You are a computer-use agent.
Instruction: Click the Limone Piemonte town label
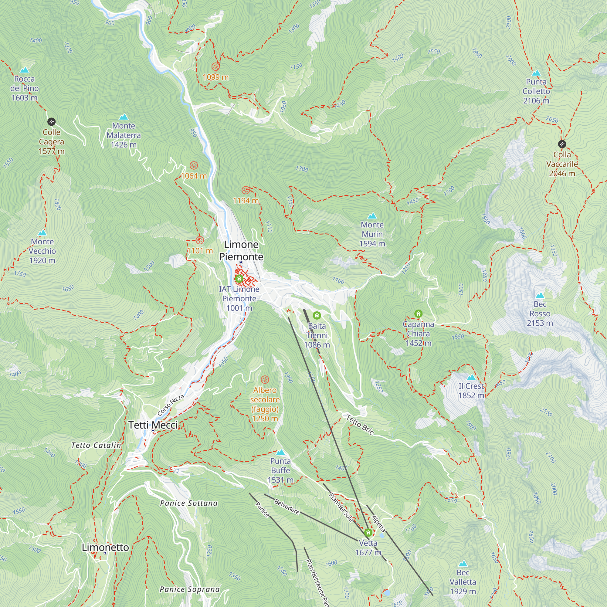pos(241,250)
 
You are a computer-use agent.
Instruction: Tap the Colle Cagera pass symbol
pos(52,122)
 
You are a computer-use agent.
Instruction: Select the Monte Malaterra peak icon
pos(124,117)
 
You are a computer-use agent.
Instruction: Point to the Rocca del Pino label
pos(25,88)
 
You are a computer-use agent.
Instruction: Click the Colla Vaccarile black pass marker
pos(562,144)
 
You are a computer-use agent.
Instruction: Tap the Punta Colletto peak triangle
pos(536,73)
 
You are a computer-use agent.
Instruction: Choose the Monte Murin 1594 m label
pos(372,234)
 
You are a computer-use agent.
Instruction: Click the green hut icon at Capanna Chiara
pos(418,314)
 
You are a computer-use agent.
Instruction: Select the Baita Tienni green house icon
pos(317,315)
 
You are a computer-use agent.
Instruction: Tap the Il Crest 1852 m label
pos(471,391)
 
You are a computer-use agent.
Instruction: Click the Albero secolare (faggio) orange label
pos(265,404)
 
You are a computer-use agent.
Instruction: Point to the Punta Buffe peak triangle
pos(280,453)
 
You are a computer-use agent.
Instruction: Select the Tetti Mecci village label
pos(153,425)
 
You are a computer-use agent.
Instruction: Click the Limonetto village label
pos(105,547)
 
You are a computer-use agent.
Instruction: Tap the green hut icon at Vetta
pos(368,533)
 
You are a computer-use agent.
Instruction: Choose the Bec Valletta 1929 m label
pos(463,582)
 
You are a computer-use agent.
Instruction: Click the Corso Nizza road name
pos(171,405)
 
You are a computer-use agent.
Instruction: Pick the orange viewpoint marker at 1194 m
pos(246,190)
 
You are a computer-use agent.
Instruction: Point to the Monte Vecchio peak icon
pos(42,233)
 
